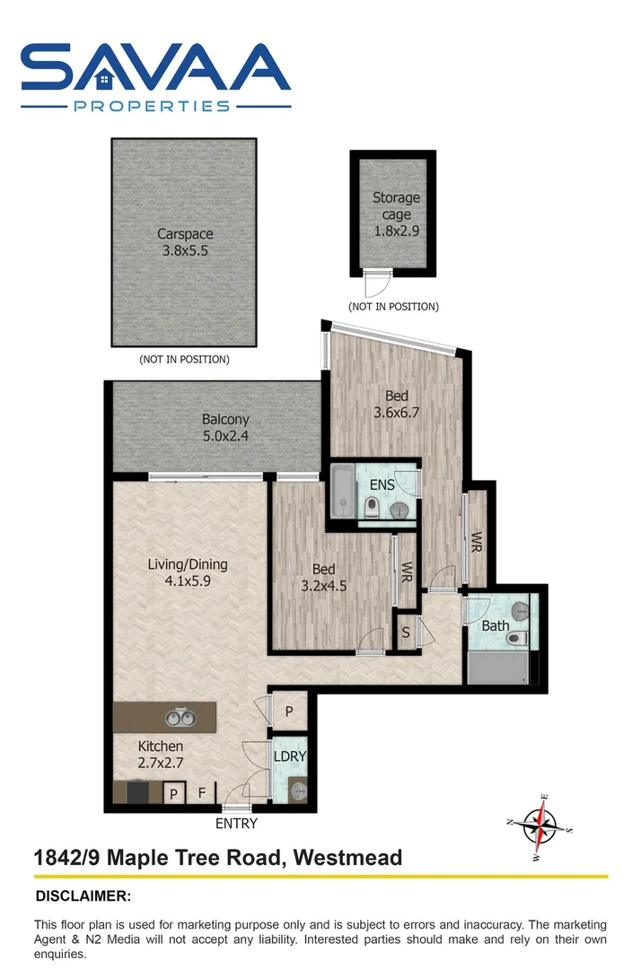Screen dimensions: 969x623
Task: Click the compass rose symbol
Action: [540, 824]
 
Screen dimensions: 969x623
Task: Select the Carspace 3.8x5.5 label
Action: [185, 242]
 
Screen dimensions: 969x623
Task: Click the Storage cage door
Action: [375, 285]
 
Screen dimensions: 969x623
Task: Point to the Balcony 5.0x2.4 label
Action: [225, 427]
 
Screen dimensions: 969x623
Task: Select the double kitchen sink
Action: [180, 717]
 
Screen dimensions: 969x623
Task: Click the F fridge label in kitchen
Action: [202, 793]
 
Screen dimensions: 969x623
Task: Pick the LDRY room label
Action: [290, 756]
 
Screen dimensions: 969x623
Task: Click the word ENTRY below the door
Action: [236, 824]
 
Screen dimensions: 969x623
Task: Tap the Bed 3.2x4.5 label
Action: [323, 577]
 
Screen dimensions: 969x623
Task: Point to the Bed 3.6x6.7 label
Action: [397, 404]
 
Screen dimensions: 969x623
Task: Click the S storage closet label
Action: [406, 633]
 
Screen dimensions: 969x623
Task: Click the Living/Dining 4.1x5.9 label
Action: [188, 572]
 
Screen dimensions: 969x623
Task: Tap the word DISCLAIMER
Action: [83, 895]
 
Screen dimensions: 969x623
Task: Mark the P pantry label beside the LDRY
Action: [289, 710]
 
